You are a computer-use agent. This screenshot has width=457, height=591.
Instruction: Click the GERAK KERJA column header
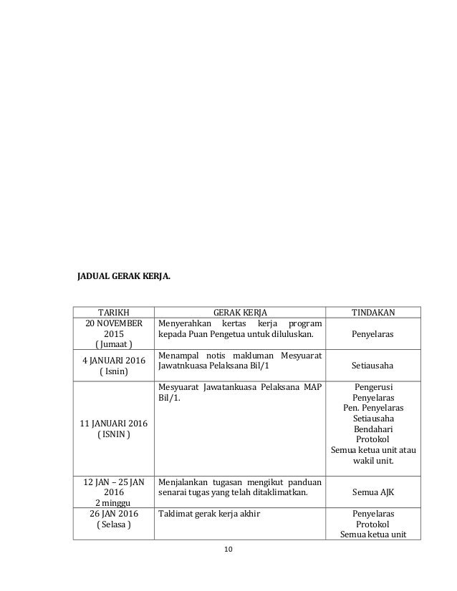[239, 312]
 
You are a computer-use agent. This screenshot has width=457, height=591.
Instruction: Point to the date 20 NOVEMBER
[113, 323]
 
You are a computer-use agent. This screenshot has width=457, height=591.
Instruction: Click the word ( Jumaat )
[113, 346]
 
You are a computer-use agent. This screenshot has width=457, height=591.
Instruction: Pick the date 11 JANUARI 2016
[113, 422]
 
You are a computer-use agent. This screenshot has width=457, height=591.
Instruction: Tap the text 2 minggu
[113, 502]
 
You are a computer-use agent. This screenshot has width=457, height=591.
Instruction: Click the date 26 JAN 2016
[113, 513]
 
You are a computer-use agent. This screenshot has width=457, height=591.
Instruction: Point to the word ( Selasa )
[113, 524]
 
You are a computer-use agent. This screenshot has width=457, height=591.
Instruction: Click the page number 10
[228, 549]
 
